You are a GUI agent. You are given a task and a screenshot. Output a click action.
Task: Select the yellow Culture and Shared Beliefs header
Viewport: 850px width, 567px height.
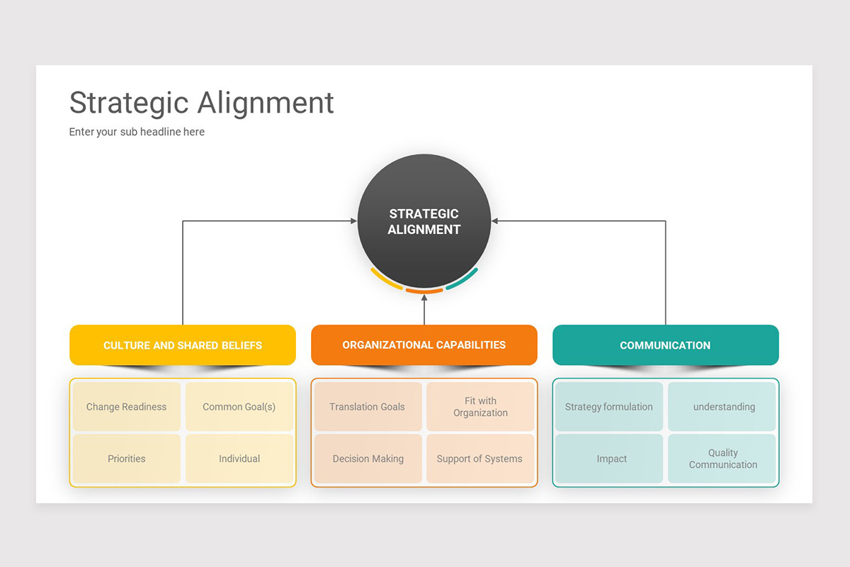pos(183,345)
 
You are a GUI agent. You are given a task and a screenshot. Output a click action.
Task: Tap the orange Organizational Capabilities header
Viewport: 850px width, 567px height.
pos(424,345)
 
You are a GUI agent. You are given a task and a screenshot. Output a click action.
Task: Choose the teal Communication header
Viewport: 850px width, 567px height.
pos(665,345)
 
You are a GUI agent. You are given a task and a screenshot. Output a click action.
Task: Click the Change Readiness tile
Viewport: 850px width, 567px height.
pos(127,407)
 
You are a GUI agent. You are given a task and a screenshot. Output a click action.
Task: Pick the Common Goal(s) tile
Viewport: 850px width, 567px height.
pos(239,407)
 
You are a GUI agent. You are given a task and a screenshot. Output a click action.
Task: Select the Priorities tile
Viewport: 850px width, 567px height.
pos(127,459)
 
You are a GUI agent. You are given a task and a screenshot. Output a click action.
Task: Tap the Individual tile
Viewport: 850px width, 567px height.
pos(239,459)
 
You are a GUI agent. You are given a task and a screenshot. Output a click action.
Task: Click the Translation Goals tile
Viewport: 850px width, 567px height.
pos(368,407)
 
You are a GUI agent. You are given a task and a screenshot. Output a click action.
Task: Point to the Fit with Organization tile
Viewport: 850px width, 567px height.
pos(480,407)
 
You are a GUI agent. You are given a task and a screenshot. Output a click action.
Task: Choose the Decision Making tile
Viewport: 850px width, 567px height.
pos(368,459)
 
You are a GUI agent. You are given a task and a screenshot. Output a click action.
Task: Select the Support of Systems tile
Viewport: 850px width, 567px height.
pos(480,459)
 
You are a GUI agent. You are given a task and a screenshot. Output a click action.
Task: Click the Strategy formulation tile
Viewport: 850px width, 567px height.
pos(609,407)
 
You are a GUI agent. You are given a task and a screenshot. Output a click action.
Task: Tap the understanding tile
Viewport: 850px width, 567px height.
pos(722,407)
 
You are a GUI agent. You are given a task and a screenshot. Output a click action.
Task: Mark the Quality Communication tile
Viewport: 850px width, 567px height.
pos(722,459)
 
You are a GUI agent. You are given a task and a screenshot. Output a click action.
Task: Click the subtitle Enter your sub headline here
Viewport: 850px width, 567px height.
pos(137,132)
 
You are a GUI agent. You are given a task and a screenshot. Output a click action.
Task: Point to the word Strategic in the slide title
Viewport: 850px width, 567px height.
pos(130,103)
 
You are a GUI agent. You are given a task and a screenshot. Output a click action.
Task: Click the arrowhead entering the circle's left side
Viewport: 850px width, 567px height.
pos(353,221)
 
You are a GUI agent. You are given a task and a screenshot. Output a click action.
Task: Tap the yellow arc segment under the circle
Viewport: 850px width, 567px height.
pos(385,279)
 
